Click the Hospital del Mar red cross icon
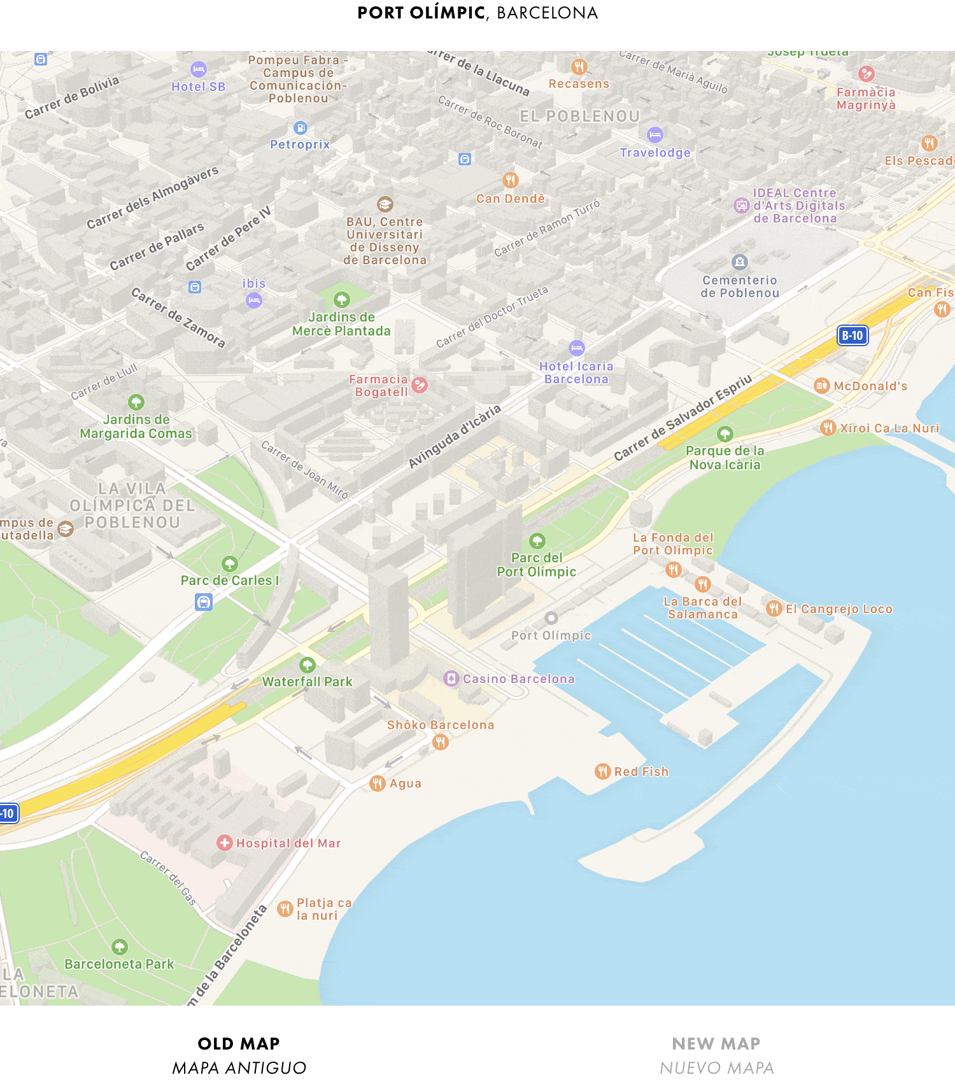[x=224, y=843]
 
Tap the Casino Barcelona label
[x=518, y=679]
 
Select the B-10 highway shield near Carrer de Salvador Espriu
[x=852, y=335]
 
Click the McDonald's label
[x=870, y=386]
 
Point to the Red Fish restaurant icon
[x=602, y=771]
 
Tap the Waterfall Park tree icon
[x=308, y=665]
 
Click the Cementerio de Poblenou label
[x=740, y=286]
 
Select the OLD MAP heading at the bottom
[x=239, y=1044]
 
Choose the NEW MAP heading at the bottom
[x=716, y=1044]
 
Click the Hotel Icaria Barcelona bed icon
[x=576, y=348]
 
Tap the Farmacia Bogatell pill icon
[x=420, y=385]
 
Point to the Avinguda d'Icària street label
[x=454, y=437]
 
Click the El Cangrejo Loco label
[x=838, y=609]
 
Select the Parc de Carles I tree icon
[x=230, y=564]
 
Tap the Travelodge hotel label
[x=655, y=153]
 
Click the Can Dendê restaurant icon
[x=511, y=180]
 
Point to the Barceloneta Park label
[x=119, y=964]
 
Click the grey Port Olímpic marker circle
[x=551, y=618]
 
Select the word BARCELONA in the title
[x=547, y=13]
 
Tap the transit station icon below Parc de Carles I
[x=204, y=601]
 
